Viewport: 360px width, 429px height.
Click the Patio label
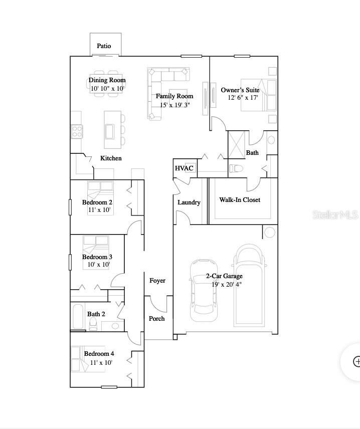(104, 46)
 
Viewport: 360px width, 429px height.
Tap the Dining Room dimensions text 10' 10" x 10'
(107, 88)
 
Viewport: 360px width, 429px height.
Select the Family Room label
(174, 96)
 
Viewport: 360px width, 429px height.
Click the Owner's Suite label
(240, 90)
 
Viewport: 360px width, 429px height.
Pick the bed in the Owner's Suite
(259, 95)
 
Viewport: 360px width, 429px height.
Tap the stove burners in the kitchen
(77, 131)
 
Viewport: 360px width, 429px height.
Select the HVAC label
(184, 168)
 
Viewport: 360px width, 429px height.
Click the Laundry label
(189, 202)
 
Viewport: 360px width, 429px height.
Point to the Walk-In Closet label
(240, 200)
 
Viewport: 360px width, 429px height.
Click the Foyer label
(157, 281)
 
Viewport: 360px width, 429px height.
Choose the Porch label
(156, 318)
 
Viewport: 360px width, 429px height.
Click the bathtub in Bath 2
(78, 316)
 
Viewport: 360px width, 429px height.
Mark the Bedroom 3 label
(97, 257)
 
